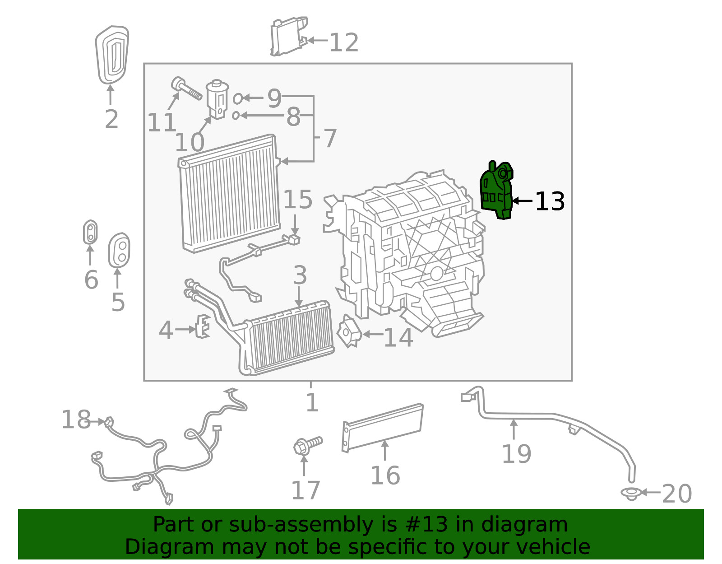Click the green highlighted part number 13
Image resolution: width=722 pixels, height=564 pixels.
pos(496,192)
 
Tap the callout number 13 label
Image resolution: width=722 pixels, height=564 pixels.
pos(550,201)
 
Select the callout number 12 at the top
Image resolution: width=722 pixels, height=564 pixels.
pos(344,43)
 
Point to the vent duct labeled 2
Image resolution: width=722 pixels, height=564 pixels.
pos(111,55)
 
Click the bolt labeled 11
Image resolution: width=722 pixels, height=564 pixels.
pos(185,89)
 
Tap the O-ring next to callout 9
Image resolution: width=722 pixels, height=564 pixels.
pos(237,98)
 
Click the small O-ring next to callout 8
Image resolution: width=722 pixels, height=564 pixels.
pos(236,116)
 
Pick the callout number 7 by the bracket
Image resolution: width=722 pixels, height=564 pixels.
pos(330,138)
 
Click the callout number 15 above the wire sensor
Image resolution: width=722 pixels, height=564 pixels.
pos(298,199)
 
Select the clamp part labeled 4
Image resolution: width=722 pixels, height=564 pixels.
pos(203,326)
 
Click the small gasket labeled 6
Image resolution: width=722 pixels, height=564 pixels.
pos(90,232)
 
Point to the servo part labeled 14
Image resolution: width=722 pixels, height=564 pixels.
pos(349,332)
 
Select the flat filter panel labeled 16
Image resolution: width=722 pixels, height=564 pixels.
pos(383,427)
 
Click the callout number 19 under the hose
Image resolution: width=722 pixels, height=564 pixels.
pos(516,454)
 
